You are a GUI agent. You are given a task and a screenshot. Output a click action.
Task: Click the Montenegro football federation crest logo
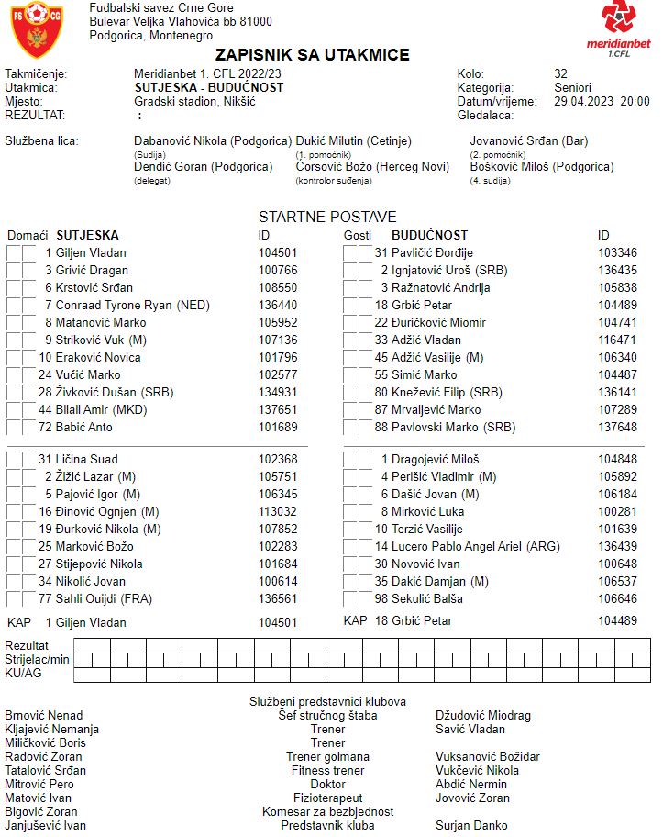38,29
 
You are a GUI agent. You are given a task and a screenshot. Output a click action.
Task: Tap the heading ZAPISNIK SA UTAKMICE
313,56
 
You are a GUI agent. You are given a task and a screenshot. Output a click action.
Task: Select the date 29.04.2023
583,102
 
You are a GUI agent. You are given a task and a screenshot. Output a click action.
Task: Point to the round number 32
561,74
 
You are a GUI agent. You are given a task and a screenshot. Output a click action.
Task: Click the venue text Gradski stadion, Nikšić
194,102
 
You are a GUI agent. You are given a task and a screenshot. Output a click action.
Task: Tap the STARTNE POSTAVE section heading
327,218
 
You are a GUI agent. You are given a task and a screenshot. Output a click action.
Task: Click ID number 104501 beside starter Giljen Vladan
278,252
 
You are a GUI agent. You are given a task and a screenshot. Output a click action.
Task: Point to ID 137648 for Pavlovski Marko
617,427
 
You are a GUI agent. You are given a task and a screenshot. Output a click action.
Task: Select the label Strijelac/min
37,659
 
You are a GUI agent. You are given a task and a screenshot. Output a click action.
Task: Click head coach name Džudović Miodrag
483,716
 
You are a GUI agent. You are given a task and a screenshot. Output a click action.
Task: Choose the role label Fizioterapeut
327,798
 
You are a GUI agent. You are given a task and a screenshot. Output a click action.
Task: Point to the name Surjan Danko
471,826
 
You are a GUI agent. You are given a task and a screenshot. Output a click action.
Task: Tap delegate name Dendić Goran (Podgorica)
203,167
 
